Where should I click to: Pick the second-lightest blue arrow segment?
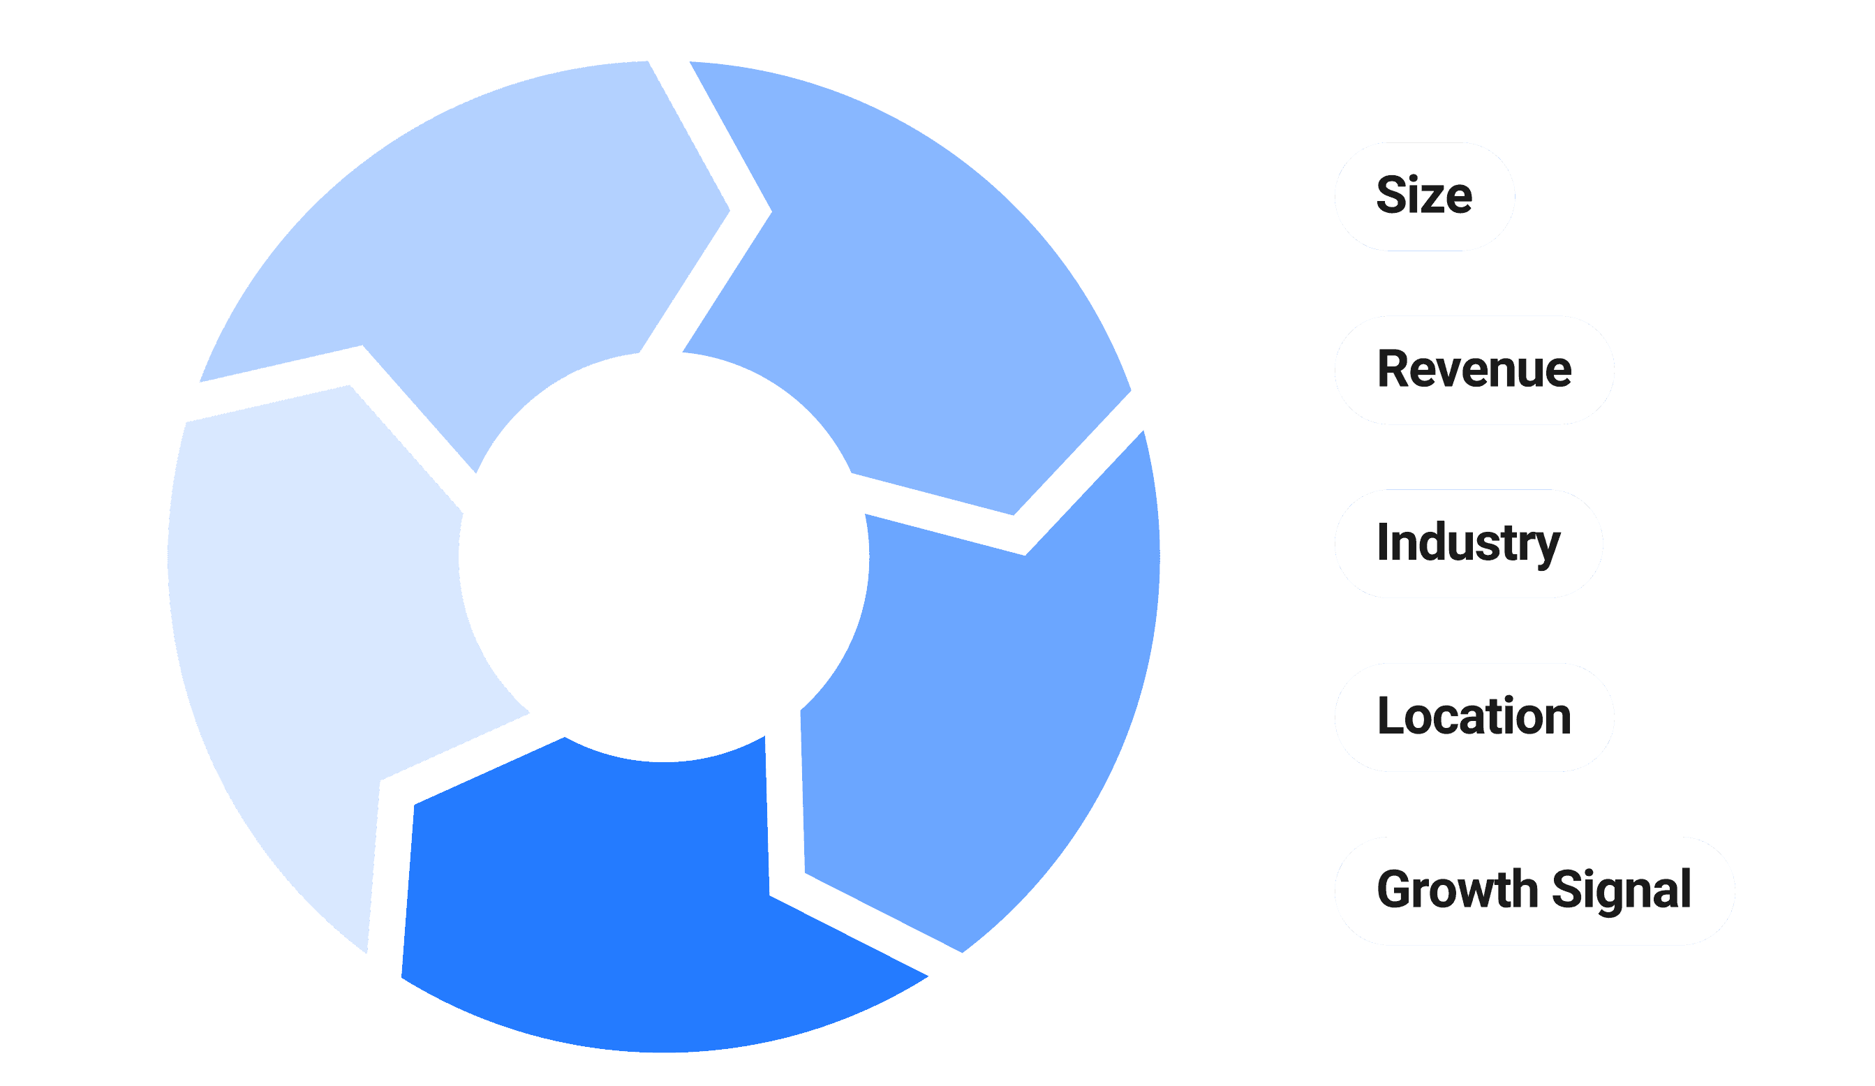(484, 246)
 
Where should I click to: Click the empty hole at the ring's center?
(662, 558)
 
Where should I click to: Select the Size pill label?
(1424, 196)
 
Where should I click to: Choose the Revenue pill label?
(1474, 370)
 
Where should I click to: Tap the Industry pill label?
(1468, 543)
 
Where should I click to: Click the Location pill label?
(1474, 717)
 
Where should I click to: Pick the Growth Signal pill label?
(1534, 891)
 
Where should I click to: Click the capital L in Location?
(1390, 716)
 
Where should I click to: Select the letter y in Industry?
(1548, 547)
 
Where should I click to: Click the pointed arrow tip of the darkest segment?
(927, 976)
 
